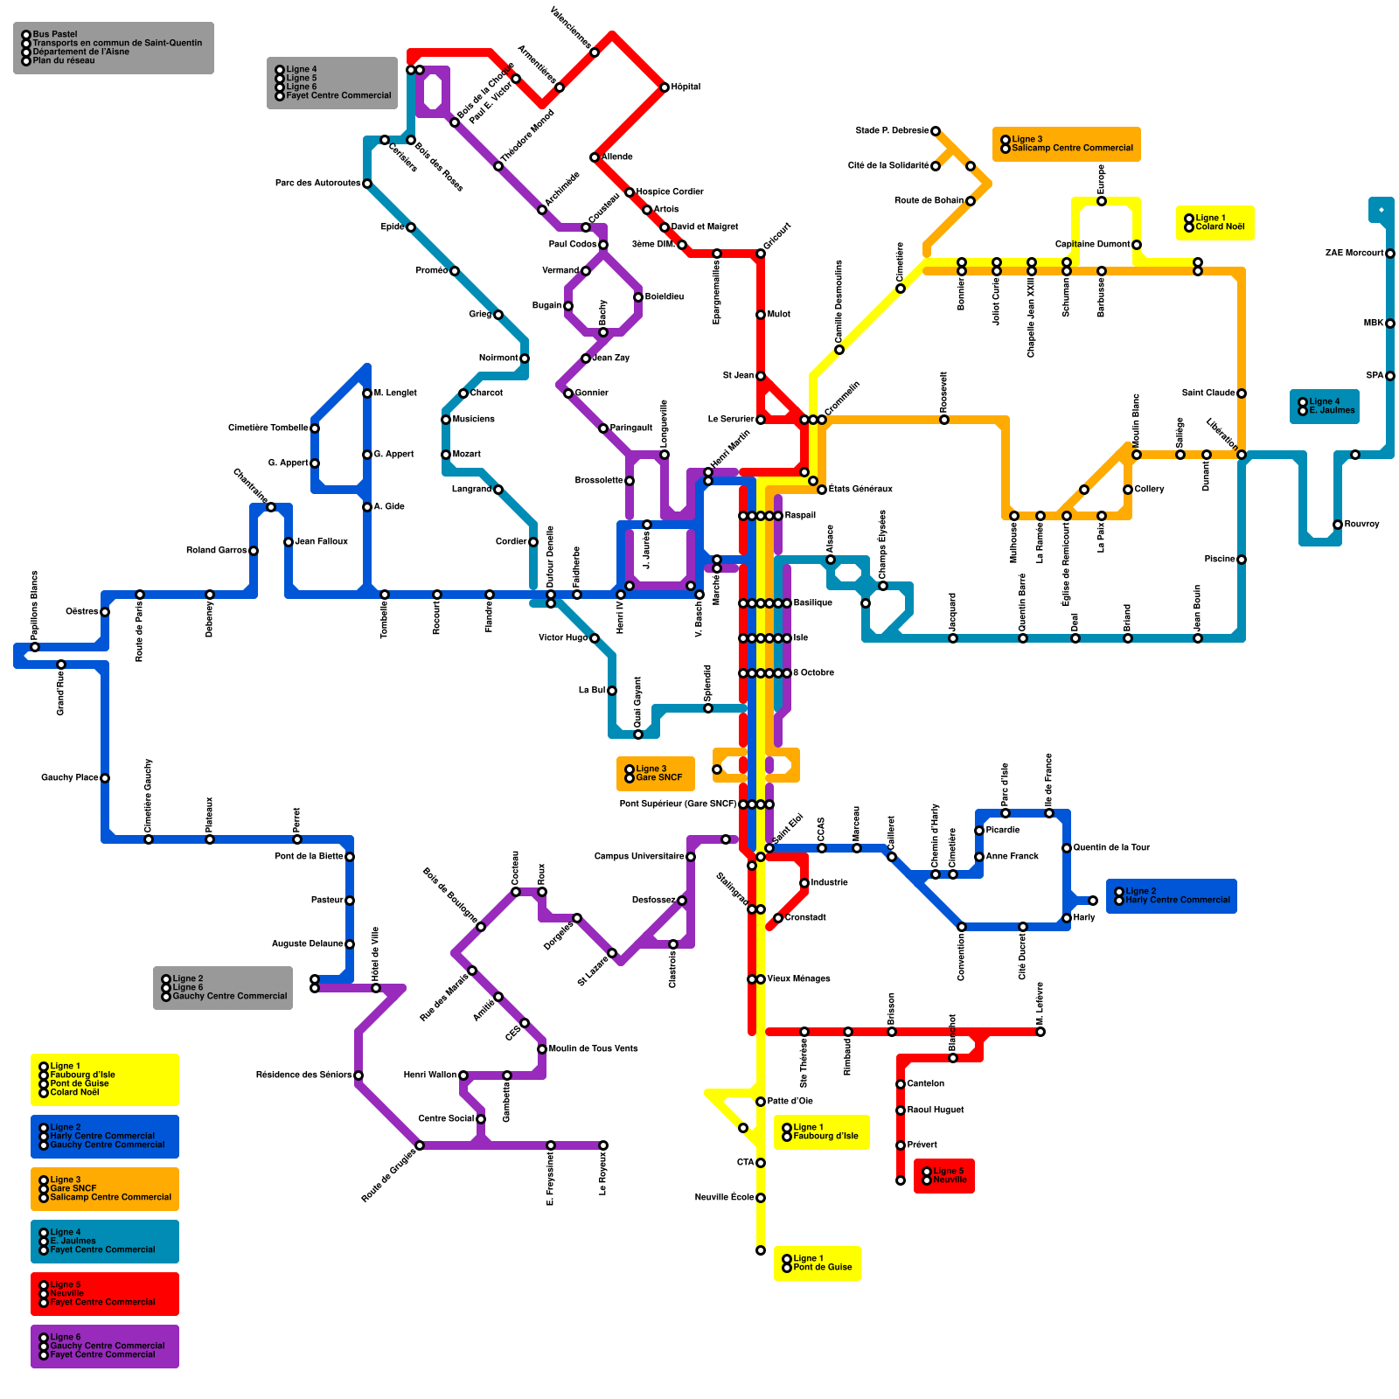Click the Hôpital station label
tap(686, 87)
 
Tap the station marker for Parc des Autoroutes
tap(367, 184)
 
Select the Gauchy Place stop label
tap(69, 778)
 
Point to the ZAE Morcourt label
tap(1354, 254)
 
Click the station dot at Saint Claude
tap(1242, 393)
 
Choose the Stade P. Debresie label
tap(892, 131)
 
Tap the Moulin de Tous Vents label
tap(593, 1049)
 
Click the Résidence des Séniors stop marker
tap(358, 1075)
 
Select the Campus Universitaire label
tap(639, 857)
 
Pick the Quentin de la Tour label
tap(1111, 848)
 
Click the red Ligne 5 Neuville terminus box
tap(944, 1176)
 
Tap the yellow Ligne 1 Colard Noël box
tap(1215, 223)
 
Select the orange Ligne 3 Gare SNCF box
tap(656, 774)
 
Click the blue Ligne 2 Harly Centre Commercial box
tap(1172, 896)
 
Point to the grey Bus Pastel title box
tap(114, 48)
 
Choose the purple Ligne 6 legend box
tap(105, 1347)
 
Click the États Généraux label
tap(860, 490)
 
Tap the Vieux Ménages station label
tap(798, 979)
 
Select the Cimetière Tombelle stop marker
tap(315, 428)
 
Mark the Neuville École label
tap(725, 1198)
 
